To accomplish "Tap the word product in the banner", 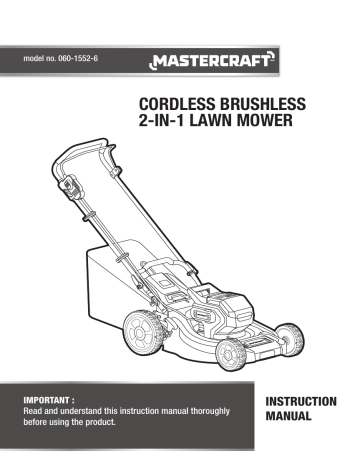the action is [x=136, y=423].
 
